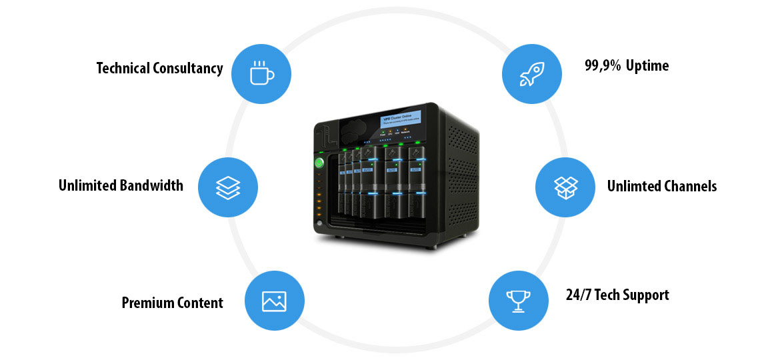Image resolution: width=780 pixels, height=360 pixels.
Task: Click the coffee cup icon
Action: (x=261, y=73)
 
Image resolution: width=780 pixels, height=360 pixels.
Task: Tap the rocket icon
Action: (x=531, y=73)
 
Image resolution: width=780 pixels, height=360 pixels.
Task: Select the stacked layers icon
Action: (x=228, y=187)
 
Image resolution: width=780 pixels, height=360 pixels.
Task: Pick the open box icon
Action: (x=565, y=187)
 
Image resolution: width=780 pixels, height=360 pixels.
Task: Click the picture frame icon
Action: (x=274, y=301)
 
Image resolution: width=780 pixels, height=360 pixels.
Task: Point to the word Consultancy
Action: (x=188, y=68)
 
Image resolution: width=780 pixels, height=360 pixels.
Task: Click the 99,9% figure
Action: (x=602, y=65)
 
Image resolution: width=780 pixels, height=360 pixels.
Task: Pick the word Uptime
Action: (x=647, y=65)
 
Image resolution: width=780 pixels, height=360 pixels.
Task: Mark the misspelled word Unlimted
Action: (x=633, y=186)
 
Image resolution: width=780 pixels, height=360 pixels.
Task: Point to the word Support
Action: (x=646, y=295)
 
